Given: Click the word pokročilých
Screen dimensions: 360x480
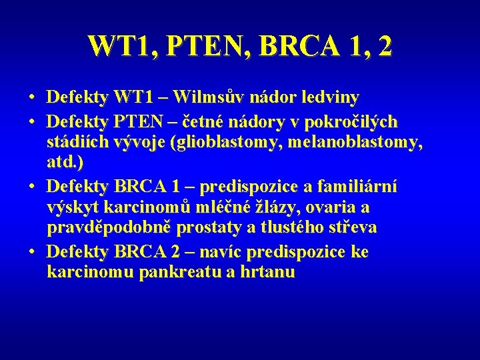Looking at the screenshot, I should (x=340, y=121).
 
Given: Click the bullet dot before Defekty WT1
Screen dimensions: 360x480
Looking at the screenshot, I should (x=32, y=98).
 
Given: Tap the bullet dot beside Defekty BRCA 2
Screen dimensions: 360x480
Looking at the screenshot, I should (x=32, y=253).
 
